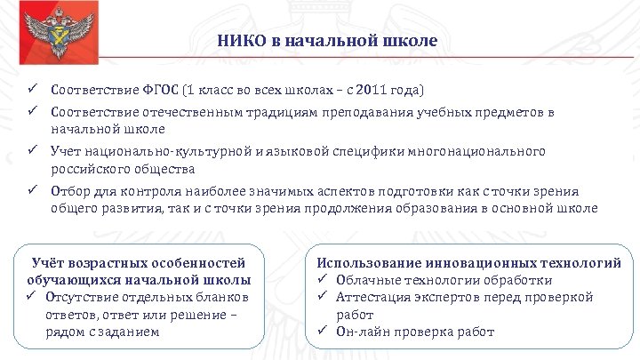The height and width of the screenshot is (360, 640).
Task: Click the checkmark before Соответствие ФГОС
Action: [x=30, y=91]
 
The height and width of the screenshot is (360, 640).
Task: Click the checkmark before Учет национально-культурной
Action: [x=30, y=152]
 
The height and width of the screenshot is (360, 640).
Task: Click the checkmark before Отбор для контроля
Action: [x=30, y=190]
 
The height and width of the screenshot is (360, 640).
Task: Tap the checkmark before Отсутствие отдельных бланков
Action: [x=30, y=296]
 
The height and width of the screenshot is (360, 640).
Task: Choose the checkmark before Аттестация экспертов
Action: [x=324, y=297]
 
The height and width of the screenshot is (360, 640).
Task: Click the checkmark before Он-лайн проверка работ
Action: [x=324, y=332]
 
